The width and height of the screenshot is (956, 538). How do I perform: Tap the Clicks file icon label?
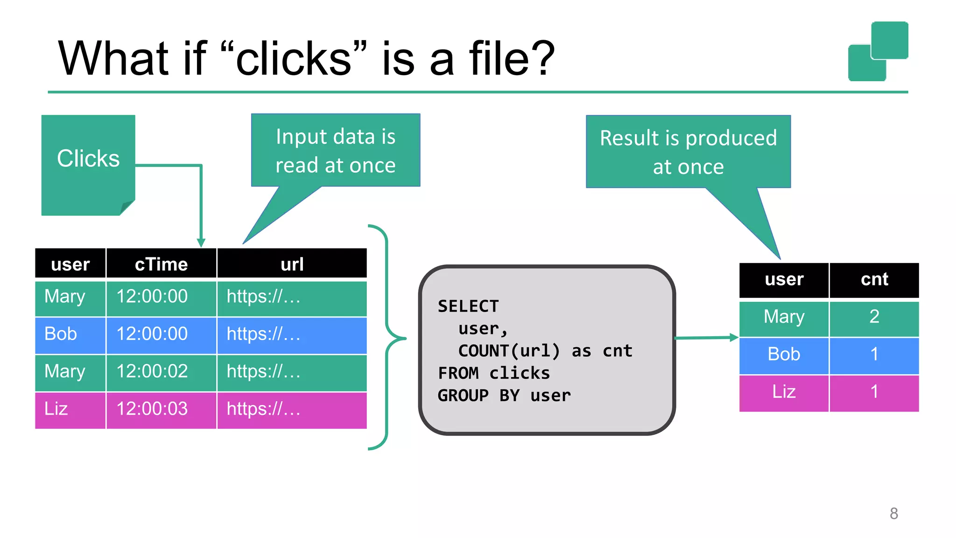[88, 158]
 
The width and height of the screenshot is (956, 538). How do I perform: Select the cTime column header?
[161, 264]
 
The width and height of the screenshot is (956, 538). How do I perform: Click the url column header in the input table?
[292, 264]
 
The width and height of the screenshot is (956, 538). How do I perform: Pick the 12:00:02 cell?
[152, 372]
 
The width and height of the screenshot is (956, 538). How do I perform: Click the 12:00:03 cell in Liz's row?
[152, 409]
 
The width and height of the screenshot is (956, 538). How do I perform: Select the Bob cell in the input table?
[61, 334]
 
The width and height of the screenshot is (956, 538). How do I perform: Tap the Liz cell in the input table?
[56, 409]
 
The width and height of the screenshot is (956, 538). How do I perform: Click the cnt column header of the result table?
[874, 279]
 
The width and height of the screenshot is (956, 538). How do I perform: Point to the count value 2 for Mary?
[874, 317]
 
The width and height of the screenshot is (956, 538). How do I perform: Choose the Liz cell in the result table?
[784, 392]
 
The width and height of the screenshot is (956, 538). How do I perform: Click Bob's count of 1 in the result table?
[874, 354]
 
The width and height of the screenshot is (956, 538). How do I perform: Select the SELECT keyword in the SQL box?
[468, 306]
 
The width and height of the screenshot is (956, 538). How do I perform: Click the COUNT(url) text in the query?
[509, 351]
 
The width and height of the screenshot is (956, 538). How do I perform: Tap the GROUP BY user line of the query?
[504, 396]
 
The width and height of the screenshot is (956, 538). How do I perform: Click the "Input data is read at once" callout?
[335, 151]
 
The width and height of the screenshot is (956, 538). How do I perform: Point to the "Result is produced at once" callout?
[688, 152]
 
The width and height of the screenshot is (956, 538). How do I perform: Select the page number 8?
[893, 513]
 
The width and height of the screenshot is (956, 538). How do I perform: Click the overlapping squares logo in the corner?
[878, 51]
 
